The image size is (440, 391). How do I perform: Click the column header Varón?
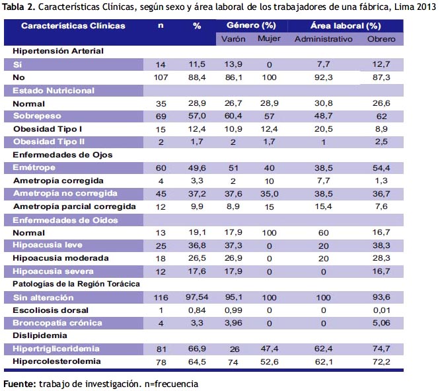[233, 39]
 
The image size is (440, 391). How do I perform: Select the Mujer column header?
[269, 38]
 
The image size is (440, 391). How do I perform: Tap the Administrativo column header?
[324, 39]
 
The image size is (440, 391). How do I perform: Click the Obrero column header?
[381, 39]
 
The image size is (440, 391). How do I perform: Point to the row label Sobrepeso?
[37, 116]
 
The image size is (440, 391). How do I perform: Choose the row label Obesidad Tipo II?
[49, 142]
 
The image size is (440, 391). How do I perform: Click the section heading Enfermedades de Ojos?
[63, 155]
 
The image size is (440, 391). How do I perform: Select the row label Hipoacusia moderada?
[61, 258]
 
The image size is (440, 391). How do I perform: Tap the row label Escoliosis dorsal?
[50, 310]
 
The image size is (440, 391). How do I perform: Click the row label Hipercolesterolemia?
[57, 361]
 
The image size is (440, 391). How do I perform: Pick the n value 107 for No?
[161, 77]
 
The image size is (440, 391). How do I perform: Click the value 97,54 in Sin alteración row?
[197, 297]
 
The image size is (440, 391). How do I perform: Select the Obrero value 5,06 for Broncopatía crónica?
[381, 323]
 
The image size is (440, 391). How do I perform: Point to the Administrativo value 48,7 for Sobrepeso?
[324, 116]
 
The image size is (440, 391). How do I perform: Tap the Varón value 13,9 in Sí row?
[233, 64]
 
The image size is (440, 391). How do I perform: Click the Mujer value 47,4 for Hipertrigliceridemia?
[269, 349]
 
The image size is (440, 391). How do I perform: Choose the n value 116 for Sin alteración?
[161, 298]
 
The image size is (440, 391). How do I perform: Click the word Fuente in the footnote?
[20, 384]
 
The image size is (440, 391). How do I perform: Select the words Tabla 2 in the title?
[18, 7]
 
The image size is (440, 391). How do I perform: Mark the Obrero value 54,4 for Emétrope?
[381, 168]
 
